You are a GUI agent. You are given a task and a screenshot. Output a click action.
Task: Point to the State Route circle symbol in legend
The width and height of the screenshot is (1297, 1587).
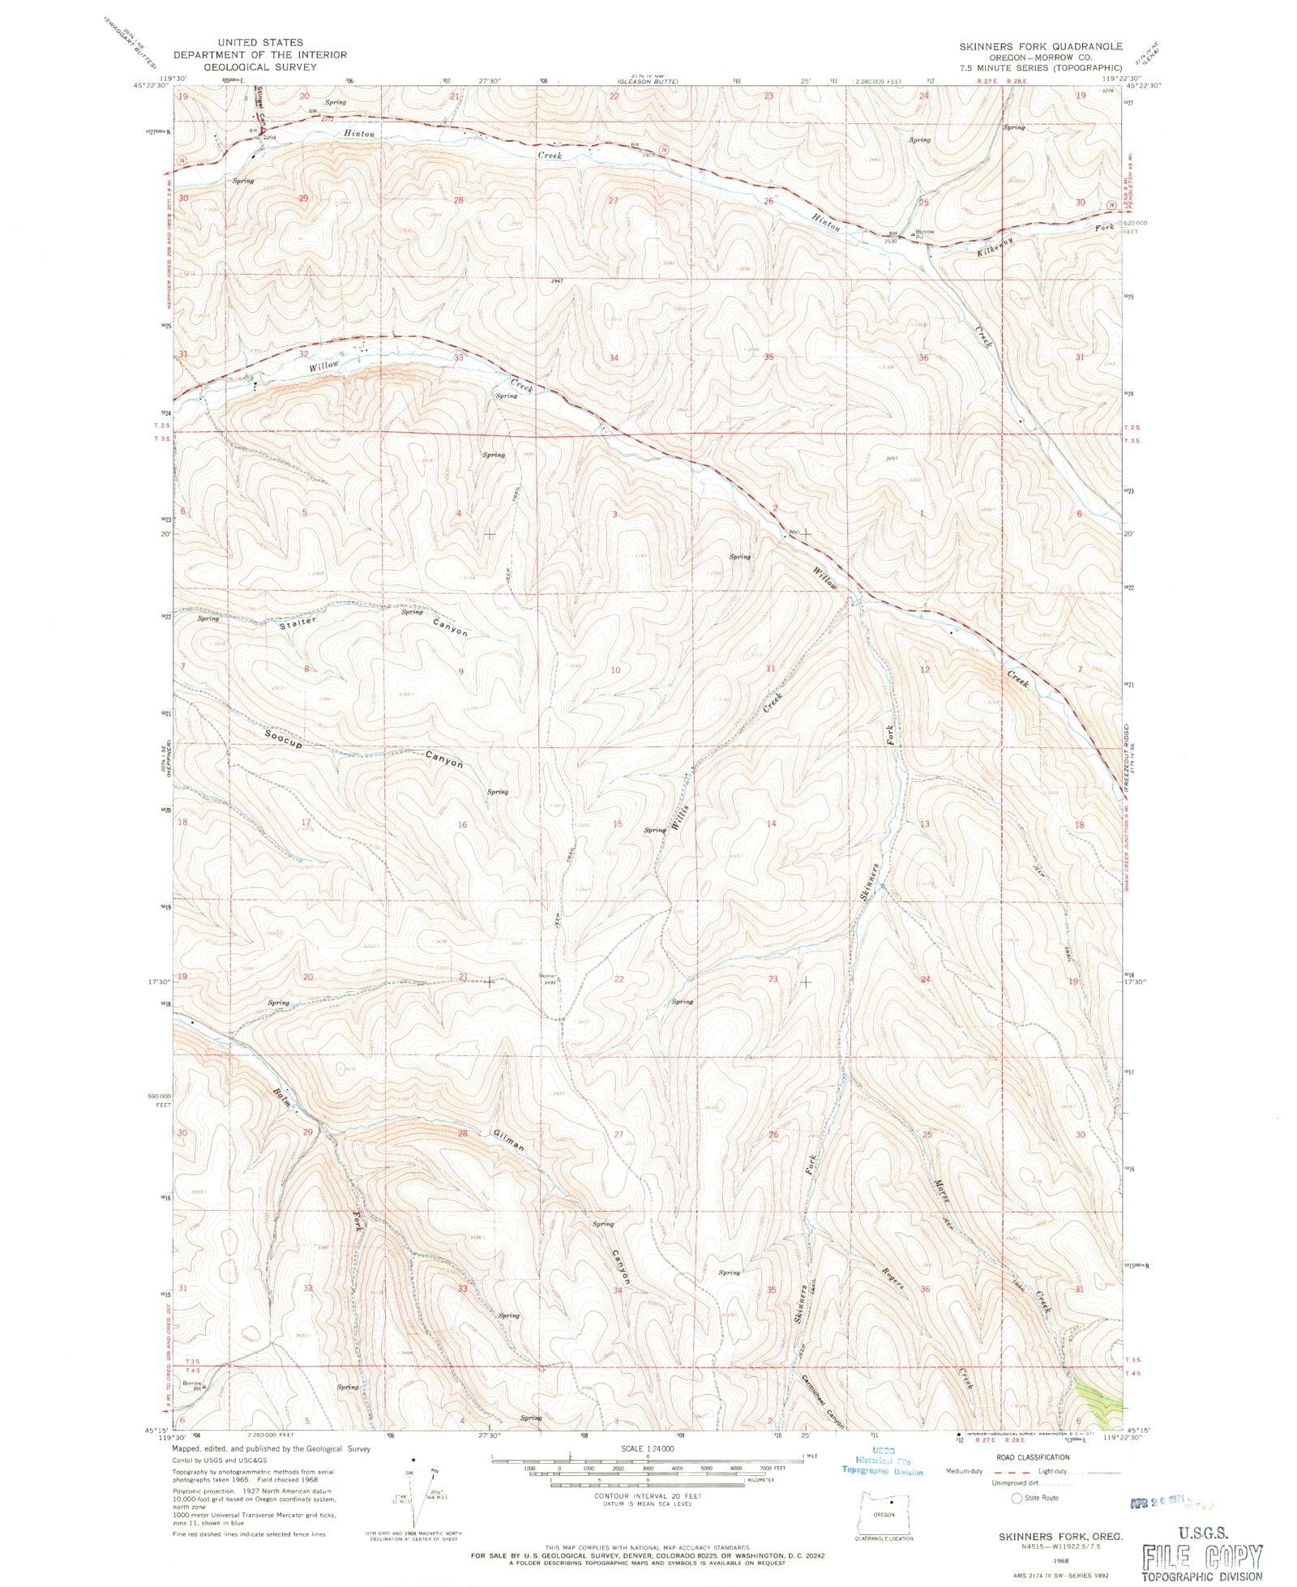(1017, 1499)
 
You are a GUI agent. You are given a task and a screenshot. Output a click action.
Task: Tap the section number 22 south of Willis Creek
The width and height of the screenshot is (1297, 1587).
(619, 979)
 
